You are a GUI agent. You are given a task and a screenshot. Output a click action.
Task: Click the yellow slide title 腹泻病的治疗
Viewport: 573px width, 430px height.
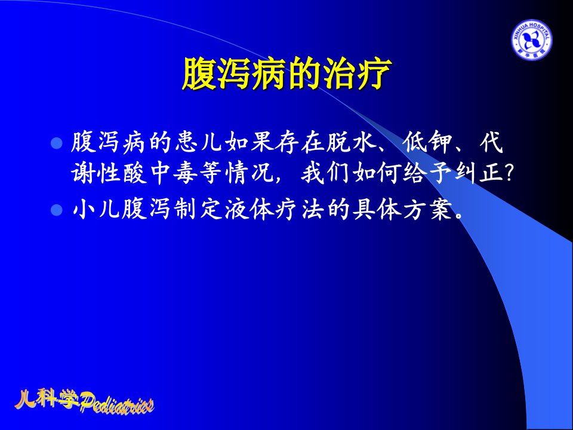pos(287,73)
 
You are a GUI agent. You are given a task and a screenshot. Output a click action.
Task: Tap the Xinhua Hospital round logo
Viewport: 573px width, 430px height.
pos(531,40)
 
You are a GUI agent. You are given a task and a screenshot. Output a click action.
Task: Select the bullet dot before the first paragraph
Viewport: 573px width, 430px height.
pos(57,143)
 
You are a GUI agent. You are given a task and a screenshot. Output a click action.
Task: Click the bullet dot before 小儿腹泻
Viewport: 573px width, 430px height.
pos(57,210)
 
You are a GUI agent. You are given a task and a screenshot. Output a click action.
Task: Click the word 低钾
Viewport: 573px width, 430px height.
pos(427,142)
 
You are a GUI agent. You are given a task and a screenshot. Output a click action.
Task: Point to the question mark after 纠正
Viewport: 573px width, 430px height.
pos(509,173)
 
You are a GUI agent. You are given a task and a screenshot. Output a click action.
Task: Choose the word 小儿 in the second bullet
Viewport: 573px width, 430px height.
pos(97,210)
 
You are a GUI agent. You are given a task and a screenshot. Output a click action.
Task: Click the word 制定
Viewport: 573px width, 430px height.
pos(198,210)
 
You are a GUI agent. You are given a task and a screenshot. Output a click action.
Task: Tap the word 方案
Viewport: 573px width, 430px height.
pos(428,210)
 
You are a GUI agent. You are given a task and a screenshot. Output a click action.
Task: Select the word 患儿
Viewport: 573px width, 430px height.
pos(199,142)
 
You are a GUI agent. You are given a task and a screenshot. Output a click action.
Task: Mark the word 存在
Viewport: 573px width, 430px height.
pos(300,142)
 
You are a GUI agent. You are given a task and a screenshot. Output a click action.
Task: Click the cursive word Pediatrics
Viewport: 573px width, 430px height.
pos(117,404)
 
